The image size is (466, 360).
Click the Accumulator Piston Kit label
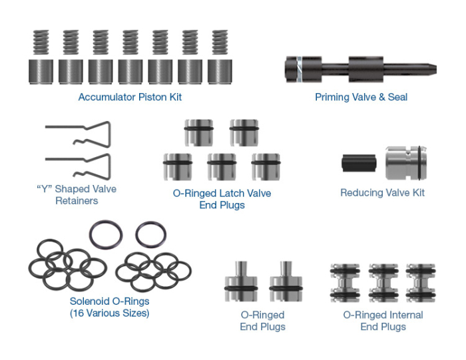[x=130, y=97]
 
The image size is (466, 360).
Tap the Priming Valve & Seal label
[x=361, y=97]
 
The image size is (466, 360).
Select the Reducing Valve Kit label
[x=382, y=193]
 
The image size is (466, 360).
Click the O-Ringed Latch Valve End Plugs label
[x=222, y=199]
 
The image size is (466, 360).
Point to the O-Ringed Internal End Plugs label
[x=383, y=321]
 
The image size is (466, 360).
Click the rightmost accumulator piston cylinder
[x=219, y=71]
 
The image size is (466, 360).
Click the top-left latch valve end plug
[x=198, y=132]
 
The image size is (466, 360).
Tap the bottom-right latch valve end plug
[x=266, y=168]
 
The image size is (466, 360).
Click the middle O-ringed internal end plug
[x=383, y=282]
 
